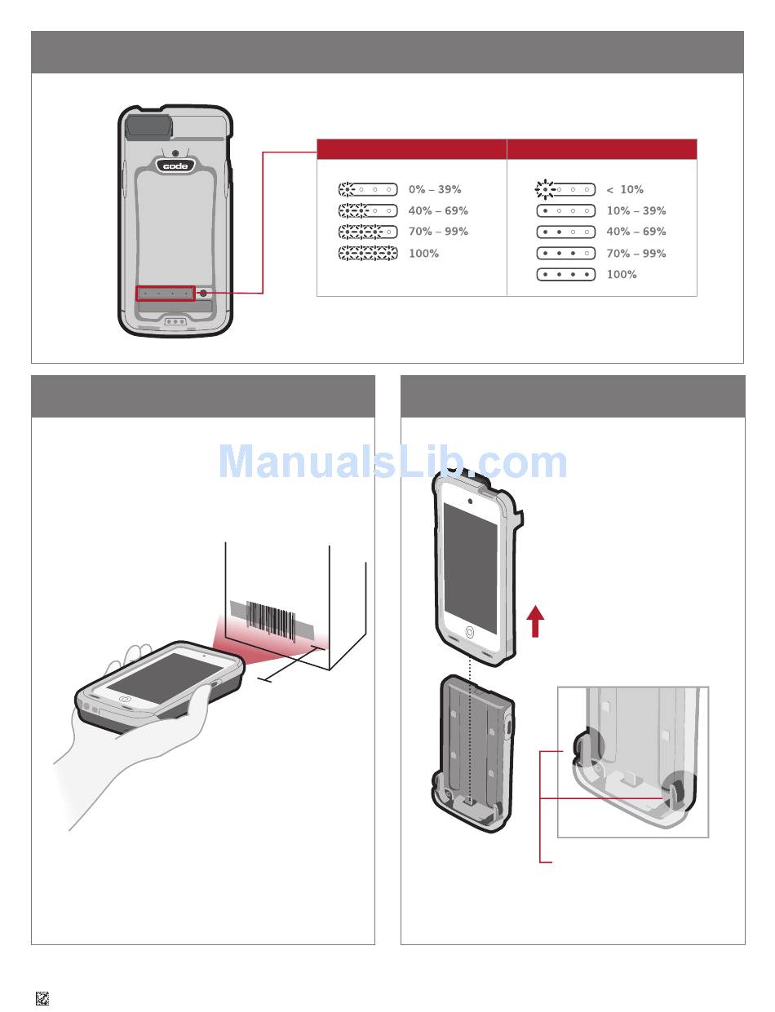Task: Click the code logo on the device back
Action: coord(175,166)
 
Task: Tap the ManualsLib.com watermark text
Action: coord(392,462)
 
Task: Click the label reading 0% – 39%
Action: coord(435,190)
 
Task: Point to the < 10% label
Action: coord(625,190)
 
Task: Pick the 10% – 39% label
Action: coord(636,211)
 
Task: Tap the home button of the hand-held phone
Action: coord(126,698)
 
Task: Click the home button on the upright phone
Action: coord(469,632)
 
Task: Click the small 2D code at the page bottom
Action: coord(42,998)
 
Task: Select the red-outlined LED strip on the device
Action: coord(166,293)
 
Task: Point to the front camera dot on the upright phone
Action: coord(470,500)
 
